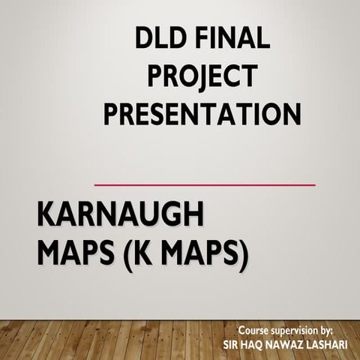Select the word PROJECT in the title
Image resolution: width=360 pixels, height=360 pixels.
[x=202, y=76]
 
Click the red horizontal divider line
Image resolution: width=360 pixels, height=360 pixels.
[x=204, y=184]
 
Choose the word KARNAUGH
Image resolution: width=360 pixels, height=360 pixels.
[x=120, y=217]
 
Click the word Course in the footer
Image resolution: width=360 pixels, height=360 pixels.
[x=258, y=330]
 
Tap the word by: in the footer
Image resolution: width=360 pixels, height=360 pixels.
[x=344, y=331]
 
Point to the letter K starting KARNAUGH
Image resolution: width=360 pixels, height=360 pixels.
[x=47, y=217]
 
